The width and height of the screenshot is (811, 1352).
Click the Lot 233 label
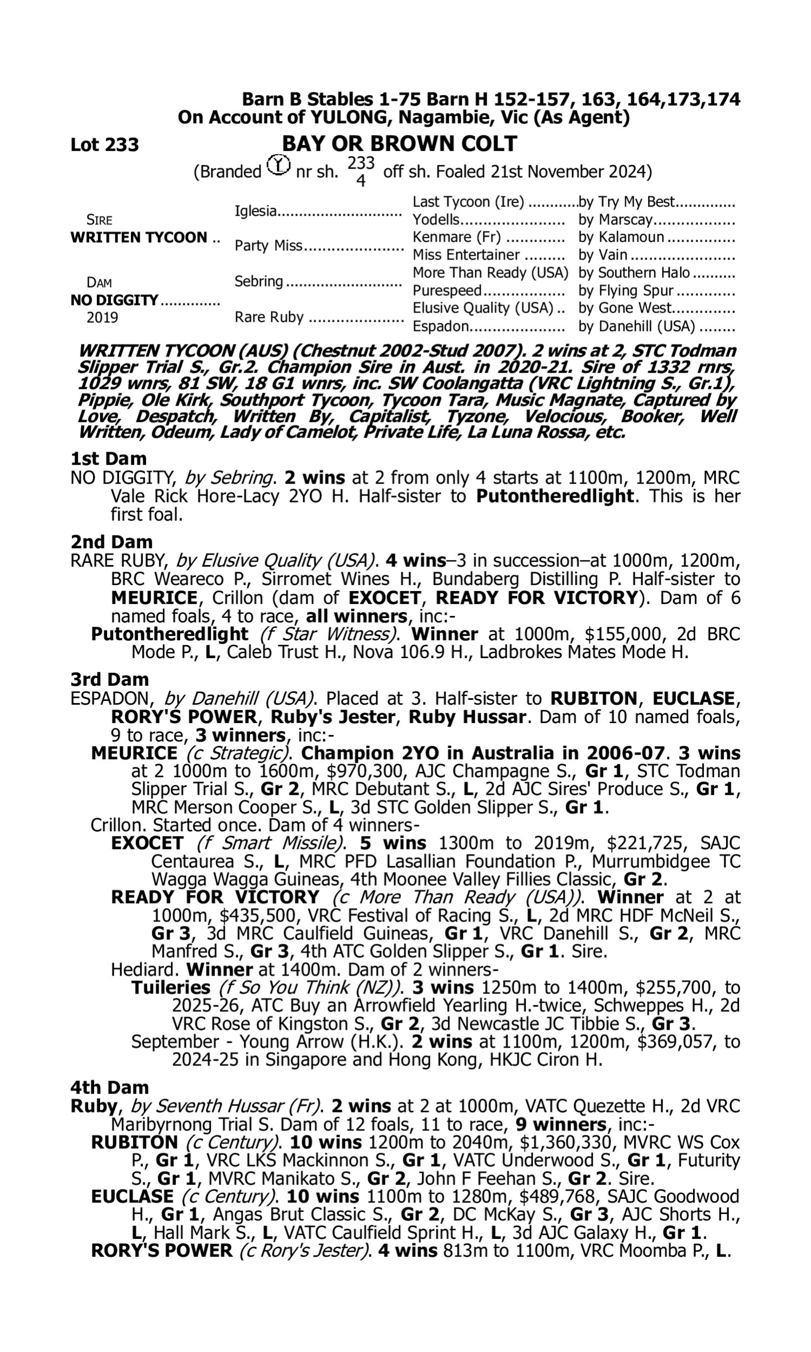coord(104,145)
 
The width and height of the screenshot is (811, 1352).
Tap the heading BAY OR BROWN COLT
coord(399,144)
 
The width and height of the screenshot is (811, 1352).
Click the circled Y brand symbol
coord(278,164)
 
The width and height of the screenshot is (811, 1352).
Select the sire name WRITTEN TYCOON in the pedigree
coord(139,238)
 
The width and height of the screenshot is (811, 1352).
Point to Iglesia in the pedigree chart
coord(255,210)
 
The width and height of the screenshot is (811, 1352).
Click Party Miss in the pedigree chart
coord(268,246)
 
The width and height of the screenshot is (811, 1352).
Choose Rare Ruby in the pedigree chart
coord(269,317)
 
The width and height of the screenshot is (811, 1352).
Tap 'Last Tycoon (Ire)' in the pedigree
coord(468,202)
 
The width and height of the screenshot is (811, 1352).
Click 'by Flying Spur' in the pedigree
coord(626,291)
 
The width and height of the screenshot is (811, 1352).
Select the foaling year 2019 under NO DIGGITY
coord(102,317)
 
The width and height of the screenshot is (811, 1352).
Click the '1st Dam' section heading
coord(109,459)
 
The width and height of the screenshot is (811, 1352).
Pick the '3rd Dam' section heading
coord(109,679)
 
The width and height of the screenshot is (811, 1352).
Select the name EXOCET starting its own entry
coord(147,843)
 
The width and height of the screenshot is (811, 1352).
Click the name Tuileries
coord(170,988)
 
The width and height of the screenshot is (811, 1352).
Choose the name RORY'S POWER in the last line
coord(162,1251)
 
